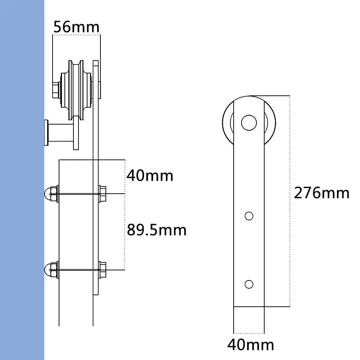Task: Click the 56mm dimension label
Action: tap(76, 27)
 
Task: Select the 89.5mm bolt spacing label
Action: tap(157, 230)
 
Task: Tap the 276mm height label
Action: tap(321, 193)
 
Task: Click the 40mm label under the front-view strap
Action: tap(251, 345)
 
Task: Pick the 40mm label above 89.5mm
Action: tap(150, 176)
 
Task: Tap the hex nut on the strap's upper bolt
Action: tap(102, 194)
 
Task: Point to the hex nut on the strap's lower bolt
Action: tap(102, 270)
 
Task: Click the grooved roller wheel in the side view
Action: tap(76, 90)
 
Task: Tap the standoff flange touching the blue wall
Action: tap(46, 133)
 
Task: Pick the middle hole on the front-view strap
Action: tap(249, 216)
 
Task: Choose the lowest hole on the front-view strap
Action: tap(249, 284)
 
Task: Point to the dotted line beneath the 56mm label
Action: tap(76, 35)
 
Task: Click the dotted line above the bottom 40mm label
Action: tap(249, 333)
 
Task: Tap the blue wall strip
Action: tap(22, 180)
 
